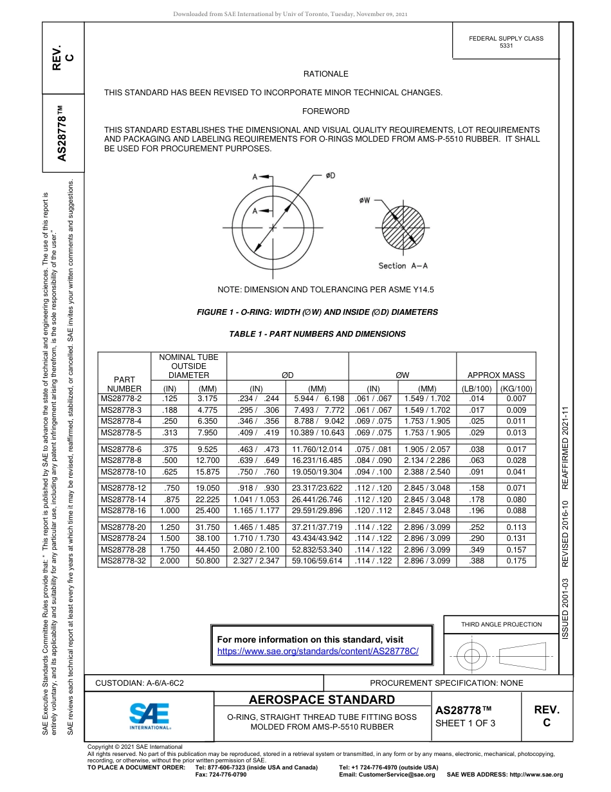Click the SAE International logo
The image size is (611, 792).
pyautogui.click(x=149, y=715)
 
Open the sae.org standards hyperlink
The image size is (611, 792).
pyautogui.click(x=318, y=651)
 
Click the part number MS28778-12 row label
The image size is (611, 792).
pyautogui.click(x=123, y=488)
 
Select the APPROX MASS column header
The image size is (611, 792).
pyautogui.click(x=496, y=375)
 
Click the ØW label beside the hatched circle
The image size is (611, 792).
pyautogui.click(x=365, y=200)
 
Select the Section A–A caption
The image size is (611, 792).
pyautogui.click(x=403, y=265)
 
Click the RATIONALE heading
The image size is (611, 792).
pyautogui.click(x=325, y=74)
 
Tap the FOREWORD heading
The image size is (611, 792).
pyautogui.click(x=325, y=111)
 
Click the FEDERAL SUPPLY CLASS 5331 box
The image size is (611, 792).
pyautogui.click(x=506, y=42)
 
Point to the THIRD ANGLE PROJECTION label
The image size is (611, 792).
pyautogui.click(x=501, y=624)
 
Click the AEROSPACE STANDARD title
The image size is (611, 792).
pyautogui.click(x=322, y=700)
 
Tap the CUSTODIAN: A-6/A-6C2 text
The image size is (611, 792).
pyautogui.click(x=140, y=683)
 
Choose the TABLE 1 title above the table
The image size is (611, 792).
pyautogui.click(x=317, y=334)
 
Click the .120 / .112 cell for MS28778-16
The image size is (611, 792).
pyautogui.click(x=373, y=511)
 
